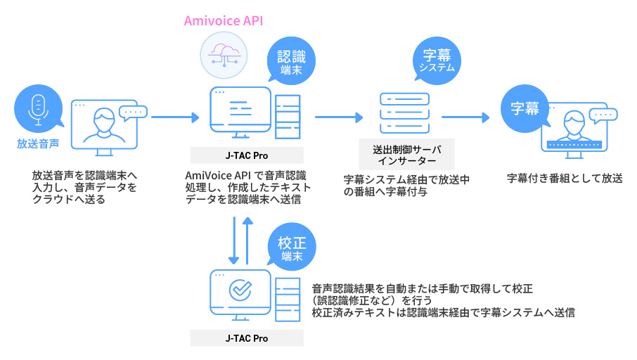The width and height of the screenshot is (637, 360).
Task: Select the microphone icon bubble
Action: coord(37,109)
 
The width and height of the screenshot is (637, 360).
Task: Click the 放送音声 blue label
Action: coord(38,144)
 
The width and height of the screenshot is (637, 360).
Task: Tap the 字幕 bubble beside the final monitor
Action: coord(525,109)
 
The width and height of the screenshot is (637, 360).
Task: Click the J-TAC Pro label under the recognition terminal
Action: coord(247,155)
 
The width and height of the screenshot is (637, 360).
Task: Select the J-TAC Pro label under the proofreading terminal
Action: coord(247,338)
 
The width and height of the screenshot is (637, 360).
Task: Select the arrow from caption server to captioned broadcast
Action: coord(465,117)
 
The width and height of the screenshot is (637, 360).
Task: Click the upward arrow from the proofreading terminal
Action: coord(247,240)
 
